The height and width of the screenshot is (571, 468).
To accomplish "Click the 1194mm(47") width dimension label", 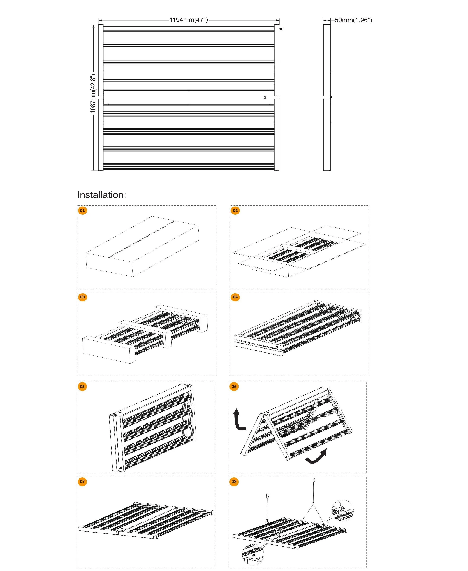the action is [189, 20].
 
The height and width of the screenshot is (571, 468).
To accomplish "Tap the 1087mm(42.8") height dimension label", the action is [93, 94].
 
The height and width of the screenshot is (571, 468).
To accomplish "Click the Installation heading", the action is [102, 194].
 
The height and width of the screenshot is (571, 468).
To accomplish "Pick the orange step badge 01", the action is [82, 211].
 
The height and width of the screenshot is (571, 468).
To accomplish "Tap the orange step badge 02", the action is [235, 211].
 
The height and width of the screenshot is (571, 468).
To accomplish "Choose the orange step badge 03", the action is [82, 297].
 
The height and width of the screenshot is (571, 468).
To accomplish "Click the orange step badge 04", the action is [235, 297].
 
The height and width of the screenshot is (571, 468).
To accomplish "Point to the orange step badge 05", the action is [82, 386].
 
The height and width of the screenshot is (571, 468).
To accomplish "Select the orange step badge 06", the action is [234, 386].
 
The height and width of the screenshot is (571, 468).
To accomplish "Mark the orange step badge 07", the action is [82, 482].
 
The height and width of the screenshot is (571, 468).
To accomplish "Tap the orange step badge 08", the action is [234, 482].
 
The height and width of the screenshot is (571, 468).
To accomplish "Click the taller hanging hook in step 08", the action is [314, 480].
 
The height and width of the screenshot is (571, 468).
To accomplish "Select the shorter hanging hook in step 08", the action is [267, 496].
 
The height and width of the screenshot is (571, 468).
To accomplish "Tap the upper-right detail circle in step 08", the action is [342, 510].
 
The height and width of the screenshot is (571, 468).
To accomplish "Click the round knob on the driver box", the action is [265, 97].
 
